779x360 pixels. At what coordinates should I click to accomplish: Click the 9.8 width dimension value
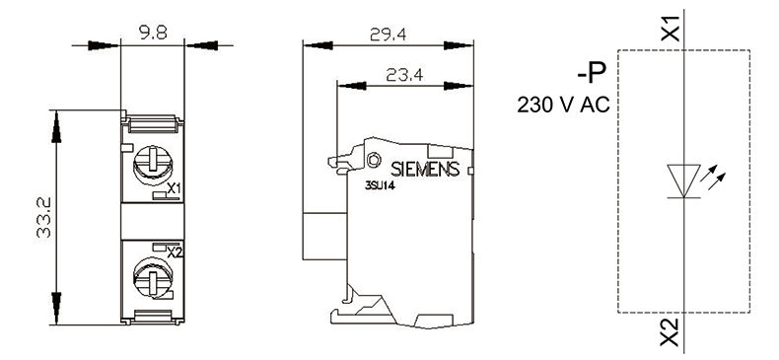point(153,33)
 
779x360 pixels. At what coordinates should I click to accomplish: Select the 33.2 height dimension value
point(44,217)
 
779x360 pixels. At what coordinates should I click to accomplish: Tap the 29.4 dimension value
point(388,35)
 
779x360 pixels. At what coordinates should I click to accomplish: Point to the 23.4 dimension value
point(404,75)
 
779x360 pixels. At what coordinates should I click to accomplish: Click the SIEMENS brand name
point(425,169)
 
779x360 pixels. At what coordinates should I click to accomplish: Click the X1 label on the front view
point(174,188)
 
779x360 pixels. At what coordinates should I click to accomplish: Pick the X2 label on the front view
point(175,252)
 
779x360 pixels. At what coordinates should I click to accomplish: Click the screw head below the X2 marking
point(153,276)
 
